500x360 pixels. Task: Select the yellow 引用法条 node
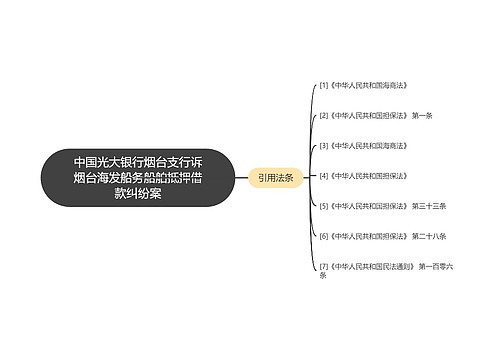click(275, 177)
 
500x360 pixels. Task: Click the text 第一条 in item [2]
click(422, 116)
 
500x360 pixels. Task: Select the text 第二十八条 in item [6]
click(427, 236)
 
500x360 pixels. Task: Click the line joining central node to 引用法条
click(241, 177)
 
